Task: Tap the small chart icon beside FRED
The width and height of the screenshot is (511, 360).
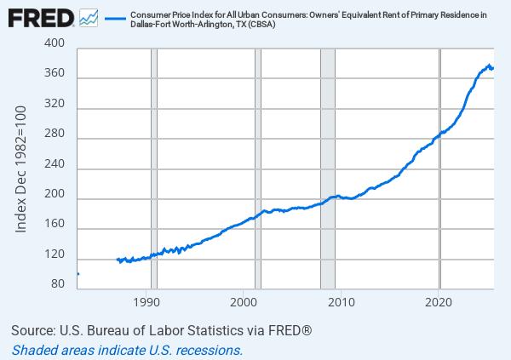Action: (88, 17)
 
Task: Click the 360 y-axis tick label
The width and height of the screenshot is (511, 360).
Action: (57, 78)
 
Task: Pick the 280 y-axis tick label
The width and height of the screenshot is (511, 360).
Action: (57, 139)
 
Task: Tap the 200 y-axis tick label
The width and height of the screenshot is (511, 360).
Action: (57, 199)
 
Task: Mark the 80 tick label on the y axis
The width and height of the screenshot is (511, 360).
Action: (60, 283)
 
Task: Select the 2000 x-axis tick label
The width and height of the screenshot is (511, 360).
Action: (244, 302)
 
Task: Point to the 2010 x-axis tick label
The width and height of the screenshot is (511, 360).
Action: (341, 302)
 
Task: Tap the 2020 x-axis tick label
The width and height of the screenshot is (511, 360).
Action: (439, 302)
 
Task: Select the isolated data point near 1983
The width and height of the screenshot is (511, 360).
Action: (78, 274)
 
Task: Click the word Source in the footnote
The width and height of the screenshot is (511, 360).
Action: (33, 330)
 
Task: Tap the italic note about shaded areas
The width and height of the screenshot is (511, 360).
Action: (128, 349)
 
